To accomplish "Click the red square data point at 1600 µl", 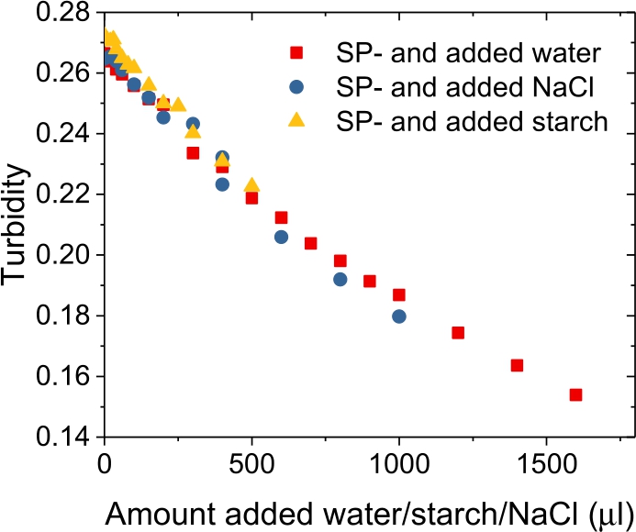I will click(x=575, y=394).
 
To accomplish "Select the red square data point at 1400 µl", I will click(x=517, y=365).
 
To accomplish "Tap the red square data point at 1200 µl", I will click(x=458, y=332).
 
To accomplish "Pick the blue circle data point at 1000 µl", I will click(x=399, y=316).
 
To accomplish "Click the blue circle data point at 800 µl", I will click(x=340, y=279).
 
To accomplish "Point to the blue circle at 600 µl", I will click(x=282, y=237).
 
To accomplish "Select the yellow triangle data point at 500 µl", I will click(x=251, y=185).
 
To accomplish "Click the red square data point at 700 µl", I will click(x=311, y=243).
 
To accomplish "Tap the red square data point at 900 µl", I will click(x=370, y=281).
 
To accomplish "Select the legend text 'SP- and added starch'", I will click(x=472, y=120).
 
